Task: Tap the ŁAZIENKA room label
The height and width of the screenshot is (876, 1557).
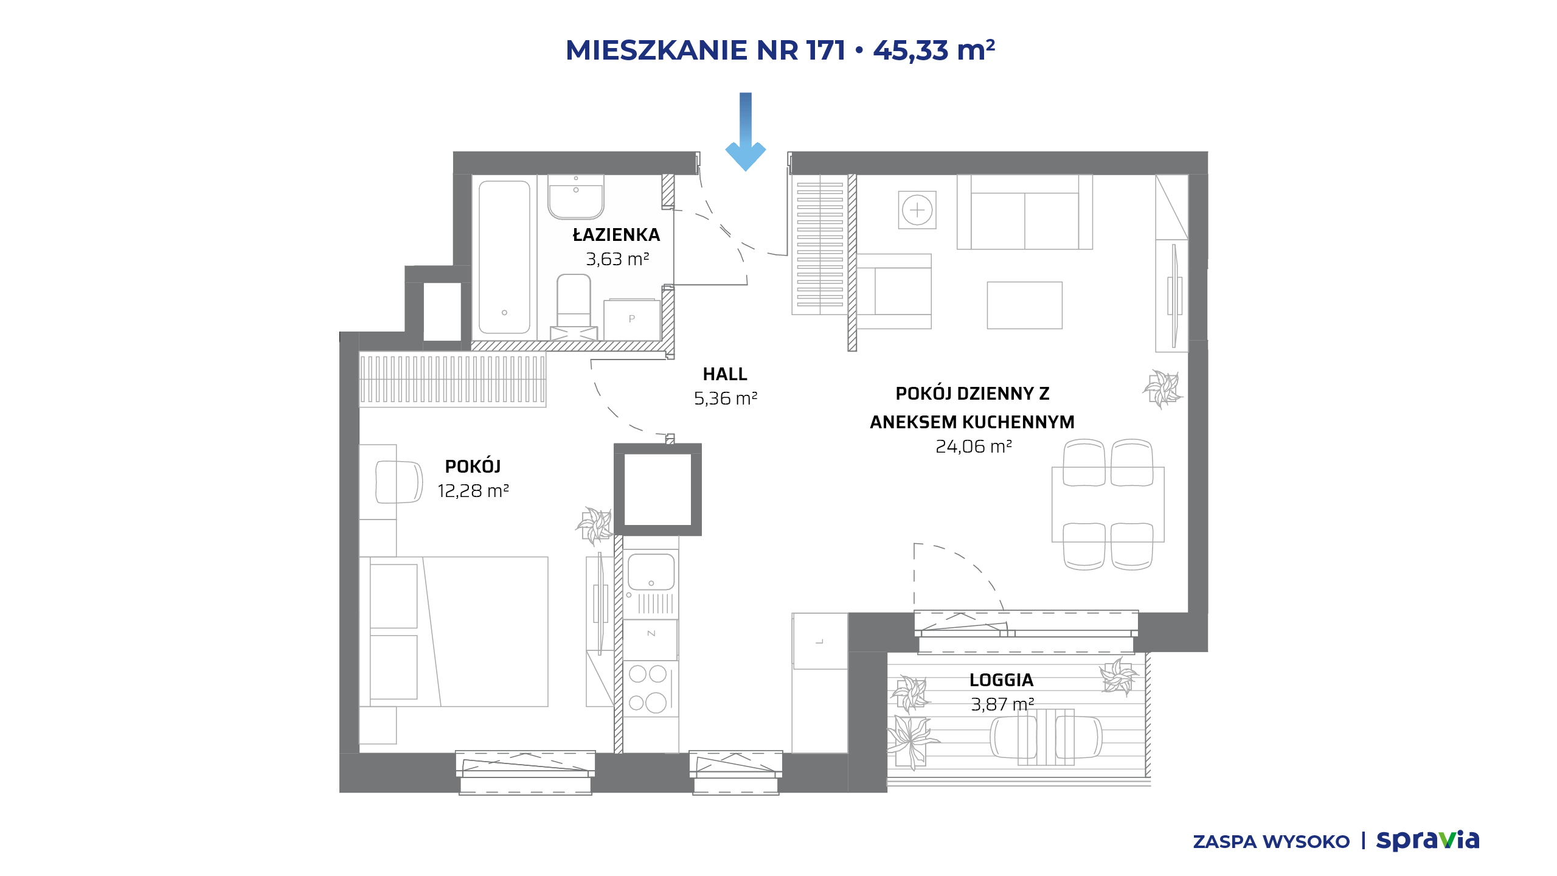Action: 616,235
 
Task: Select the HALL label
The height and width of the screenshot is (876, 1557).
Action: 725,374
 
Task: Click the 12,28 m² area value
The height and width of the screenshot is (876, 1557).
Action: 473,491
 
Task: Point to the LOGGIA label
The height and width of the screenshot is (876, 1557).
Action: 1001,680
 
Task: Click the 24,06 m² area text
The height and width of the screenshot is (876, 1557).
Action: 973,447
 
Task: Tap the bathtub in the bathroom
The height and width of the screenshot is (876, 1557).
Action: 504,257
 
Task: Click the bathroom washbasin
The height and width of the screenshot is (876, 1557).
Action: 576,196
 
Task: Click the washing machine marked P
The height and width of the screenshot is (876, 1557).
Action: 632,319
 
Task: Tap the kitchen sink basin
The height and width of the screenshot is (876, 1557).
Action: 651,572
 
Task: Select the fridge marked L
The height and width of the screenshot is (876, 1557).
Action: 820,641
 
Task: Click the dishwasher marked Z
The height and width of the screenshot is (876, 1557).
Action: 651,639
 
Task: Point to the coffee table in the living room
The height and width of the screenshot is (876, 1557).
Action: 1025,305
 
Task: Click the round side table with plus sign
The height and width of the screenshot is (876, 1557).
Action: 917,210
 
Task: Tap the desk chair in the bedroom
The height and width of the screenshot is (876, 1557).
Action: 399,482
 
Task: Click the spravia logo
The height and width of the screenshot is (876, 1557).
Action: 1427,840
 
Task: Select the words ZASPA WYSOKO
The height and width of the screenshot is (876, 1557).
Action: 1271,842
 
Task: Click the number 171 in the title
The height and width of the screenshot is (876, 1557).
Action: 826,50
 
